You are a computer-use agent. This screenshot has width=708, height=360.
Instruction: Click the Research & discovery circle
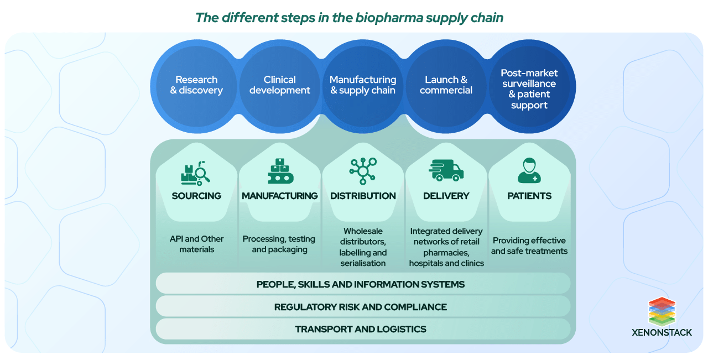tap(196, 85)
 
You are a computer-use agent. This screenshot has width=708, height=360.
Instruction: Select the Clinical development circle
tap(280, 85)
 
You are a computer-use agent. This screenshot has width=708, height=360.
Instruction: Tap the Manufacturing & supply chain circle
tap(363, 85)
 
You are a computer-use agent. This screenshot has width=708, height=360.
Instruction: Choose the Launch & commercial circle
tap(446, 85)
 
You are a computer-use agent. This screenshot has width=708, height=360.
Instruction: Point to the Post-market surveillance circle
tap(529, 88)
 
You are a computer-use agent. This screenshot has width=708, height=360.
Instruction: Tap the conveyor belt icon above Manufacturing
tap(280, 171)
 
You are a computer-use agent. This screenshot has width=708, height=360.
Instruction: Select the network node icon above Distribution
tap(363, 171)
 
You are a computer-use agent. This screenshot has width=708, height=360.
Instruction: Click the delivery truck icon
tap(446, 171)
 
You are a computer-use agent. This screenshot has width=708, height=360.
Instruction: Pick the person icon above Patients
tap(529, 171)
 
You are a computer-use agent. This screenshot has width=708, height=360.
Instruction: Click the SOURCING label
tap(196, 196)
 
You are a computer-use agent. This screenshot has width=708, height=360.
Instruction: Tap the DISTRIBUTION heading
tap(363, 196)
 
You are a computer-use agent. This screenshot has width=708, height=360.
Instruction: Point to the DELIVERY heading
tap(446, 196)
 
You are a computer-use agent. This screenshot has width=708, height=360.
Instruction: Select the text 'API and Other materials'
tap(196, 244)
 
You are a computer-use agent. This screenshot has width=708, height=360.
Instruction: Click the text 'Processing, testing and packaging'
tap(279, 244)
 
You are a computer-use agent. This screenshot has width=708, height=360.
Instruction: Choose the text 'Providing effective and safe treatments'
tap(529, 246)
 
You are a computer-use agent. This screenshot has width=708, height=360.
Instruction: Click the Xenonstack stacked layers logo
tap(662, 311)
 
